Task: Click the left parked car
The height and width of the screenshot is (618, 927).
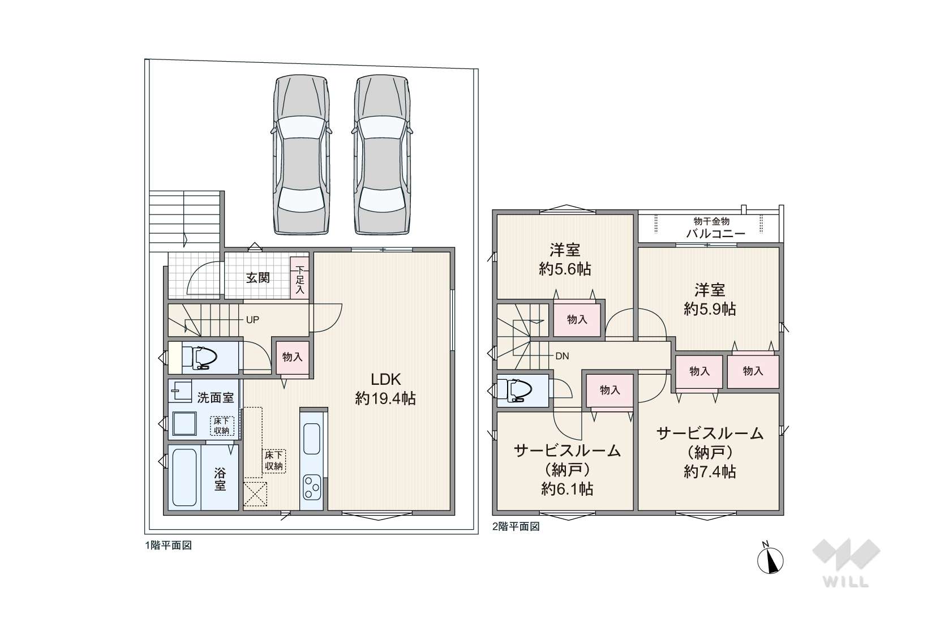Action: (x=301, y=154)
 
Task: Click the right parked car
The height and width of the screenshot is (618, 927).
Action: (x=383, y=154)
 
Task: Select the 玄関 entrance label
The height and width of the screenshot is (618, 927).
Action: (x=258, y=277)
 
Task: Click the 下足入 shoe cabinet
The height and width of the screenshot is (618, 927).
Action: (x=299, y=278)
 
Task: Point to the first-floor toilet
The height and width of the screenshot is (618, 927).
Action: (x=200, y=358)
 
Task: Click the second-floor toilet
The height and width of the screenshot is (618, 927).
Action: (x=515, y=390)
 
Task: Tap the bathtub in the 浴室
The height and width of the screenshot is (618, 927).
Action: (x=184, y=478)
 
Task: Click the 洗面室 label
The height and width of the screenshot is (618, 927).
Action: (x=215, y=398)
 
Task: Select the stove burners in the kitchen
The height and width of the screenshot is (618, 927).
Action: (x=312, y=487)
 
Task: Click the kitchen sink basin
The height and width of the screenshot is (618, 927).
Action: (x=312, y=439)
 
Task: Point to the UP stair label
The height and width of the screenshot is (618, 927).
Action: (x=252, y=320)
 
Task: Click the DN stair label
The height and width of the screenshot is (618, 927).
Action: (x=562, y=356)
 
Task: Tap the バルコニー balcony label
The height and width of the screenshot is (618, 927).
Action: (x=715, y=234)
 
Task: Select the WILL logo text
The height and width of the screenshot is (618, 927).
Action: (x=846, y=581)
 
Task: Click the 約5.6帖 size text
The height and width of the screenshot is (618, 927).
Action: (x=564, y=269)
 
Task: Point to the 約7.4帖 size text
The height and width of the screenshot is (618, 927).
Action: (x=710, y=471)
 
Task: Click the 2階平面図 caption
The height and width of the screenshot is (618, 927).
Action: (x=516, y=526)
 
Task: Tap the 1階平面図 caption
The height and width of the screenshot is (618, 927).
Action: (x=168, y=545)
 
